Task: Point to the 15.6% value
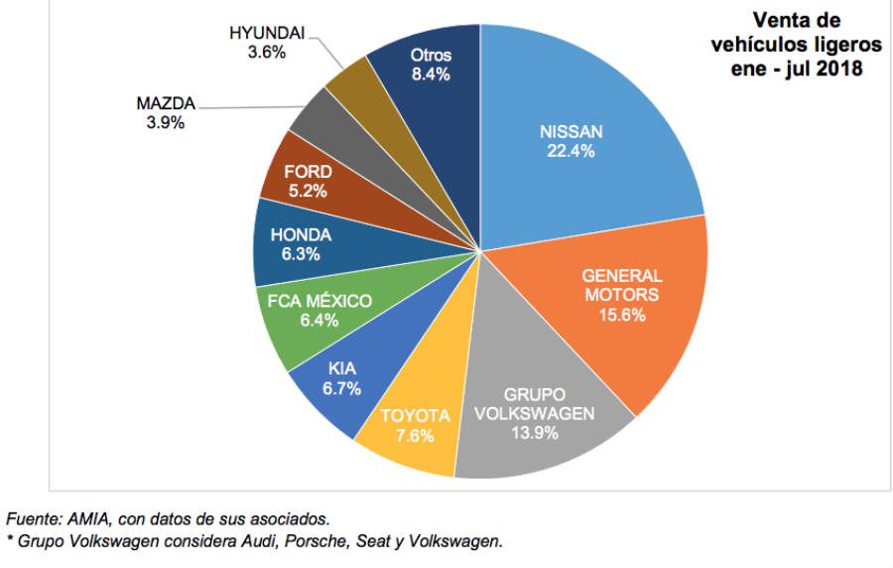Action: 621,315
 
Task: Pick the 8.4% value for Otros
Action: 431,75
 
